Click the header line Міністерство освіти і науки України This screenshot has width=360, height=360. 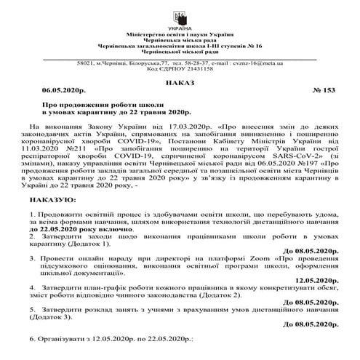click(x=180, y=34)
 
